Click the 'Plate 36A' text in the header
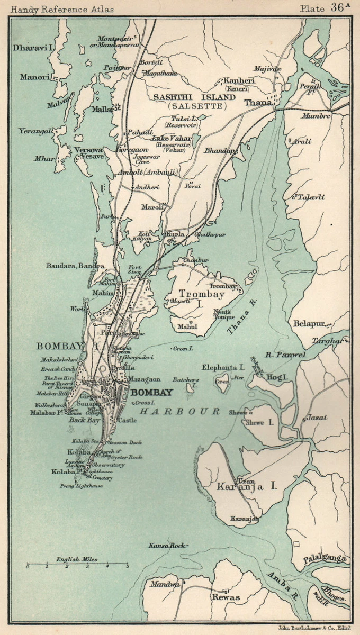click(325, 8)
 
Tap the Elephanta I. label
click(223, 367)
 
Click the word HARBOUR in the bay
click(181, 411)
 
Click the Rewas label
click(226, 597)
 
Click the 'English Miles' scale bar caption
click(77, 559)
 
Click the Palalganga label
click(325, 559)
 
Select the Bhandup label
click(219, 151)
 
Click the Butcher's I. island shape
click(191, 389)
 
